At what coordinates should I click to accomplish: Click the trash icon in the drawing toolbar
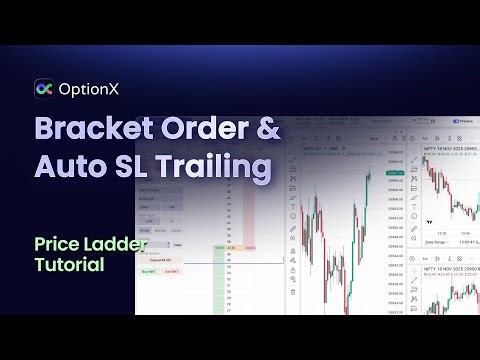pos(291,292)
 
